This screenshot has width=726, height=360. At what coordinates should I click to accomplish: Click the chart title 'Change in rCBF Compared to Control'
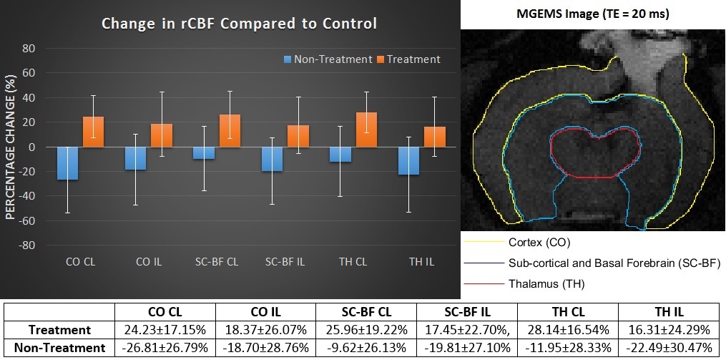click(x=239, y=24)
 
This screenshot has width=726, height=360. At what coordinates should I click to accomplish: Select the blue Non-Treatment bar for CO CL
click(x=88, y=163)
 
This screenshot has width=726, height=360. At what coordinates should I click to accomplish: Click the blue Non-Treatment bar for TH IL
click(x=409, y=160)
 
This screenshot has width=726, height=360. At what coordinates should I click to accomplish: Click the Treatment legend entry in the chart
click(x=408, y=59)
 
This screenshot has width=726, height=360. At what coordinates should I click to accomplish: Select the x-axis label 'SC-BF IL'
click(x=285, y=262)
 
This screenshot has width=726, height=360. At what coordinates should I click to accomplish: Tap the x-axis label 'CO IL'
click(x=148, y=262)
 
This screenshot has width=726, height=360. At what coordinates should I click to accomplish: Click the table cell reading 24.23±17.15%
click(x=165, y=330)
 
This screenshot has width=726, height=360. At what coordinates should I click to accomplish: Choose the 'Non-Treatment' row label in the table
click(x=59, y=348)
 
